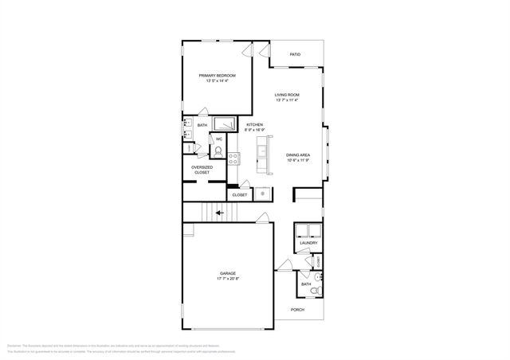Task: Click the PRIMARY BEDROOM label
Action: (x=217, y=75)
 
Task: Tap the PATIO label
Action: (x=295, y=54)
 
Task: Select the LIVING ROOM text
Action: (x=286, y=95)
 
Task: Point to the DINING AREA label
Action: (x=298, y=155)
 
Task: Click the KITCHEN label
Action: (x=254, y=125)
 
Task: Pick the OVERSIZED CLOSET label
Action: (x=202, y=170)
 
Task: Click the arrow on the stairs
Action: (x=219, y=213)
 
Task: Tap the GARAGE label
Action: (x=227, y=273)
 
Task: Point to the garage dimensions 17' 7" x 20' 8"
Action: (x=227, y=279)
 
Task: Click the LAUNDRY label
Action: (x=308, y=243)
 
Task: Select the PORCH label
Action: (x=297, y=310)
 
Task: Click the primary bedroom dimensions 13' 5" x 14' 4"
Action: (x=217, y=80)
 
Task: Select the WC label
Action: (x=218, y=139)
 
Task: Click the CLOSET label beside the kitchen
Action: (x=240, y=194)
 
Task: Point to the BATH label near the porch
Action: (x=305, y=284)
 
